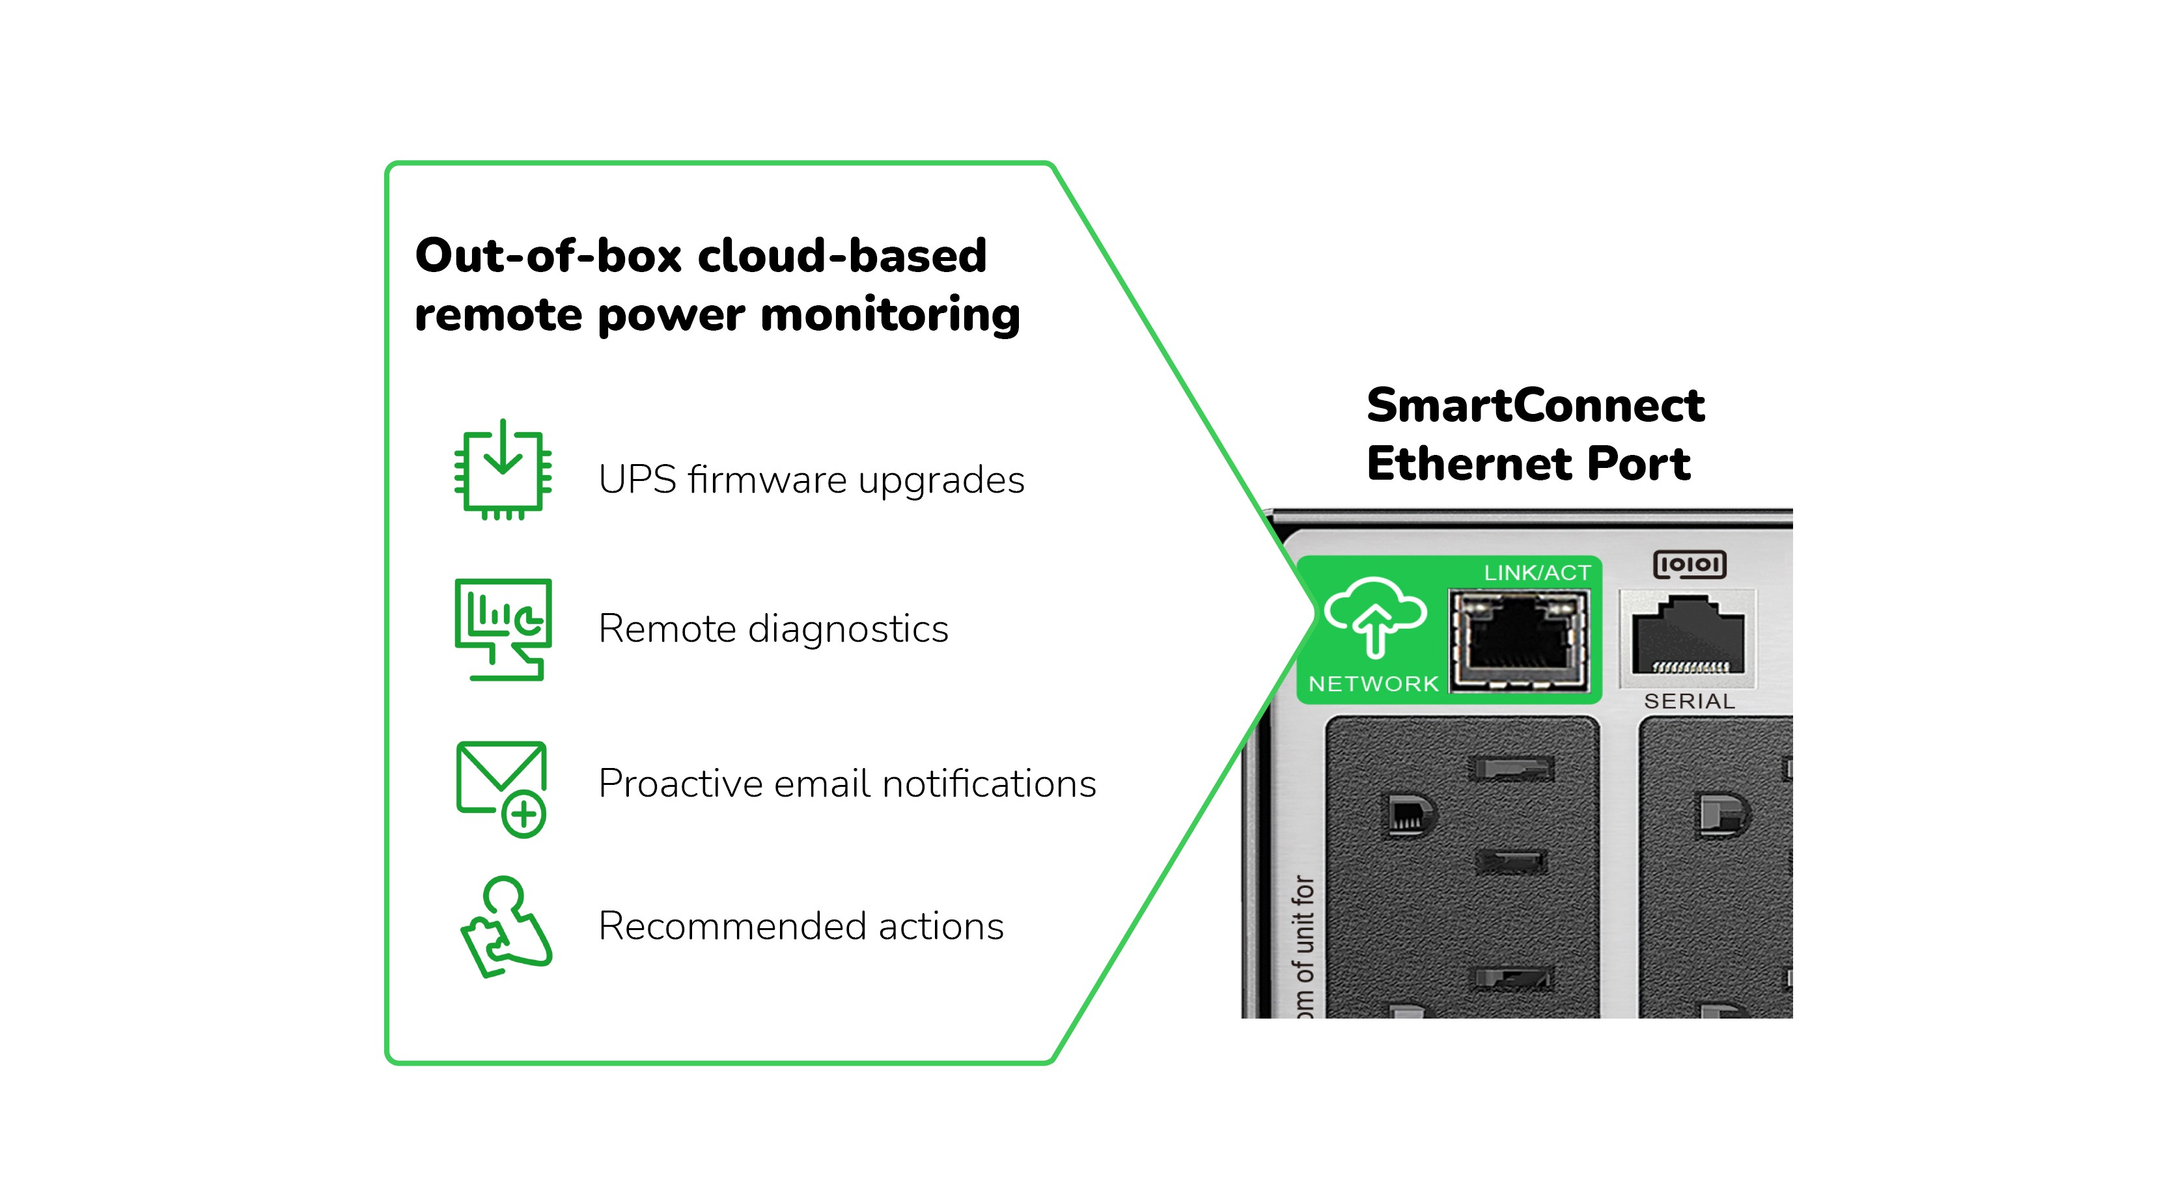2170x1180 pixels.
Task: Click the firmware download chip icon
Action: pyautogui.click(x=503, y=471)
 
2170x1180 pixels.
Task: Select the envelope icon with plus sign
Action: pyautogui.click(x=502, y=788)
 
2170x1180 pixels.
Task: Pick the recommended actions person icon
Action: pyautogui.click(x=505, y=926)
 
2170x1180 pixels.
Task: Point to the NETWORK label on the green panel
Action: pyautogui.click(x=1373, y=684)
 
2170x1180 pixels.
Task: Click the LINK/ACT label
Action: pyautogui.click(x=1537, y=573)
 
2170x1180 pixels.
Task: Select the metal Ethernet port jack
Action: pyautogui.click(x=1518, y=640)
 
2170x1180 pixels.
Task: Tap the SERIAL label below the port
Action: pyautogui.click(x=1689, y=702)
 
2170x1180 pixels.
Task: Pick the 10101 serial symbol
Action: pyautogui.click(x=1689, y=564)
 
